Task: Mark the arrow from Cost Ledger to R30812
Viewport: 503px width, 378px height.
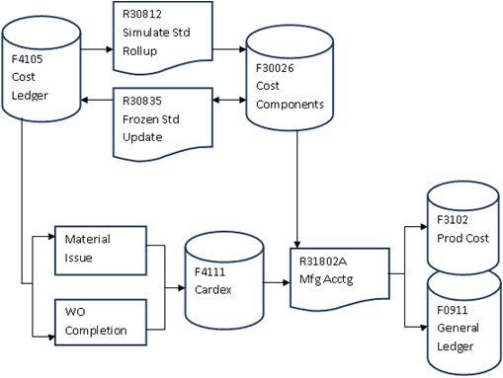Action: click(96, 47)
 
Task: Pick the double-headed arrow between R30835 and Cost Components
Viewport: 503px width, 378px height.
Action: click(228, 101)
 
